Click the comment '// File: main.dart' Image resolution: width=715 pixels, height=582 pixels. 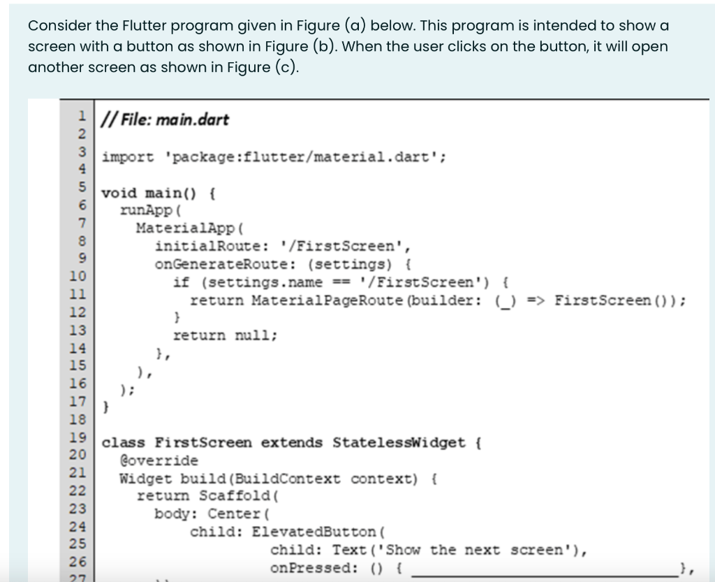click(x=165, y=119)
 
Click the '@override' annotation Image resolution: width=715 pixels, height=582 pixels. click(x=159, y=461)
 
